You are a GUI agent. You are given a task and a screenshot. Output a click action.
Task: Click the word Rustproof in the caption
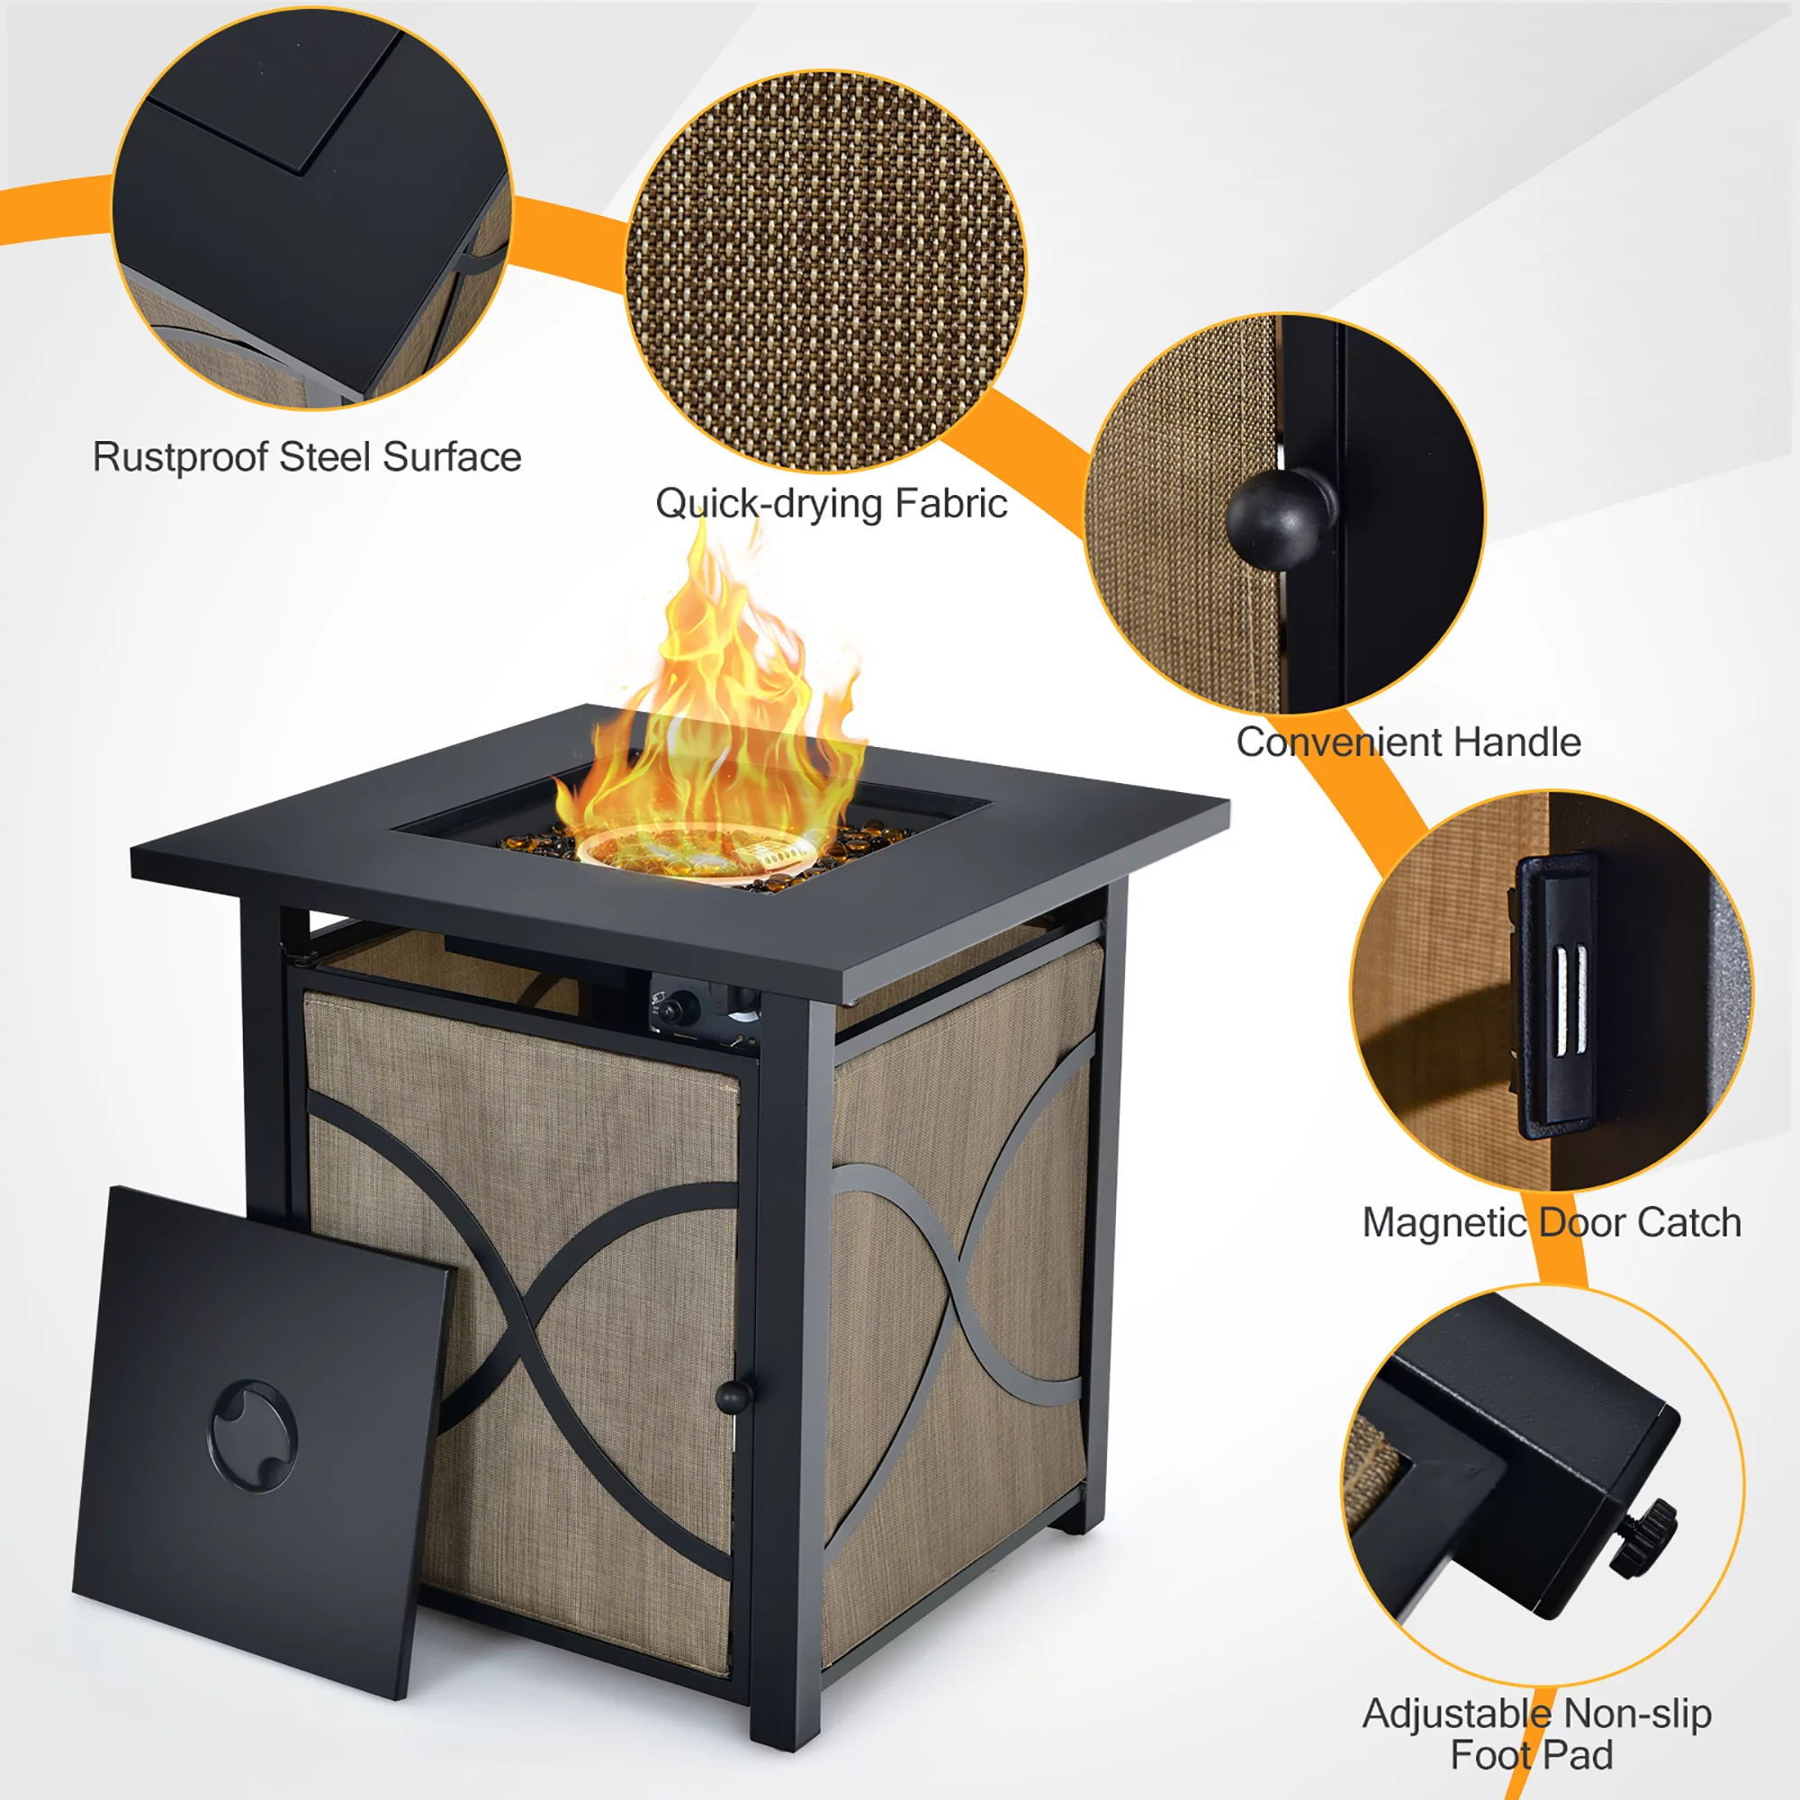coord(180,456)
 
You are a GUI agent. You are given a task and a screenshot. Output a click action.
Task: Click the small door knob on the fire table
coord(733,1397)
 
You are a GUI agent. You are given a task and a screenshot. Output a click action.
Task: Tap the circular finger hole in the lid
coord(254,1435)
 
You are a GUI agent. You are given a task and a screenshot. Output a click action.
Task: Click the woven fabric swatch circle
coord(825,270)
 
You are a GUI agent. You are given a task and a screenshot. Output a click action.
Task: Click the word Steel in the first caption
coord(325,456)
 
